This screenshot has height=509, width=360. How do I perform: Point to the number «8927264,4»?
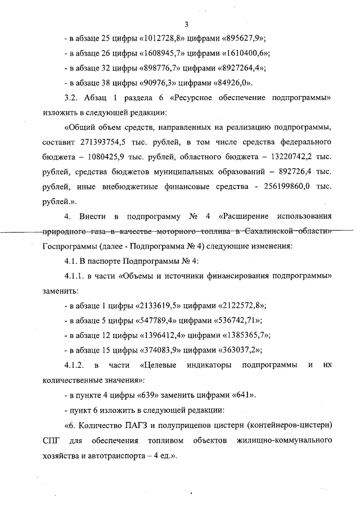tap(241, 69)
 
